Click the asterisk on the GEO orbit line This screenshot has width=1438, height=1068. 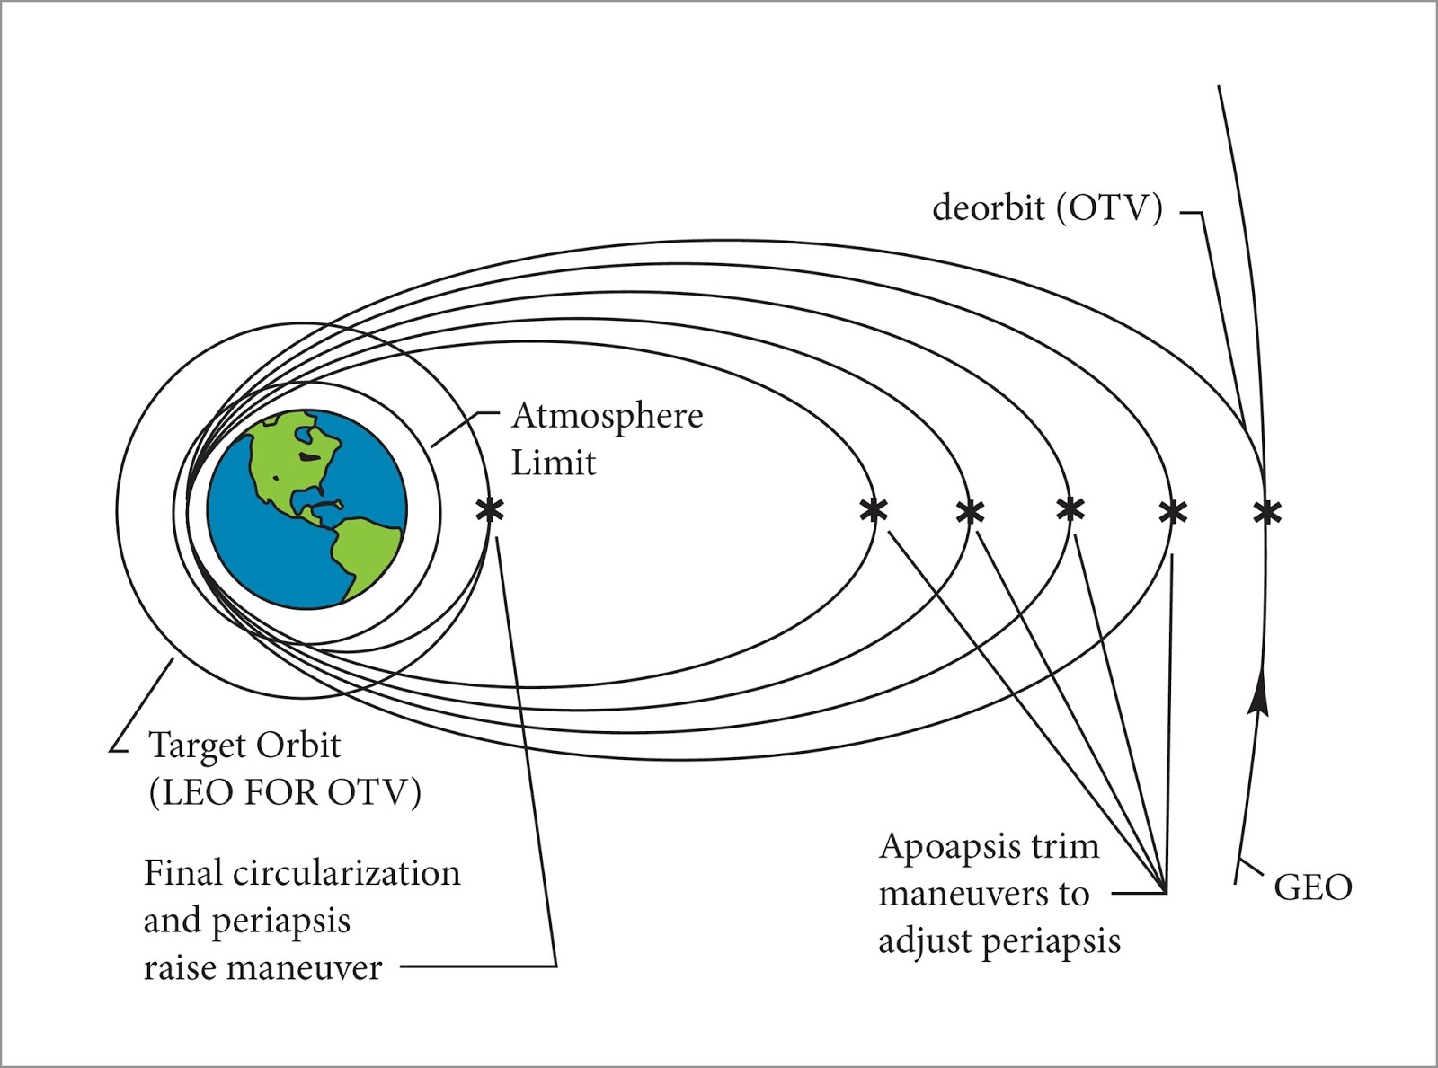click(1266, 512)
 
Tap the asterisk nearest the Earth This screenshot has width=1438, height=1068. click(490, 510)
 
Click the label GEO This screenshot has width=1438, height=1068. click(1312, 887)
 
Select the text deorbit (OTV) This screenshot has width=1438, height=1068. click(1047, 208)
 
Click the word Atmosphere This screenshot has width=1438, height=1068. click(608, 416)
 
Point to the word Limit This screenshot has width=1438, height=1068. click(554, 463)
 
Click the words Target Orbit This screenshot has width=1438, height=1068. click(244, 746)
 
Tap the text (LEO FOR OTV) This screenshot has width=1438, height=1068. click(285, 792)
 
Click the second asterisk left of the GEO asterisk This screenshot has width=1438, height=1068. click(1070, 509)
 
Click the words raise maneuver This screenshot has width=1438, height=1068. click(262, 968)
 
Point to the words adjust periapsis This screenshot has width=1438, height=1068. click(999, 941)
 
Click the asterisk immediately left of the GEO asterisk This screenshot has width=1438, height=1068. click(1173, 512)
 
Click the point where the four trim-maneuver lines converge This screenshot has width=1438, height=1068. click(1166, 893)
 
